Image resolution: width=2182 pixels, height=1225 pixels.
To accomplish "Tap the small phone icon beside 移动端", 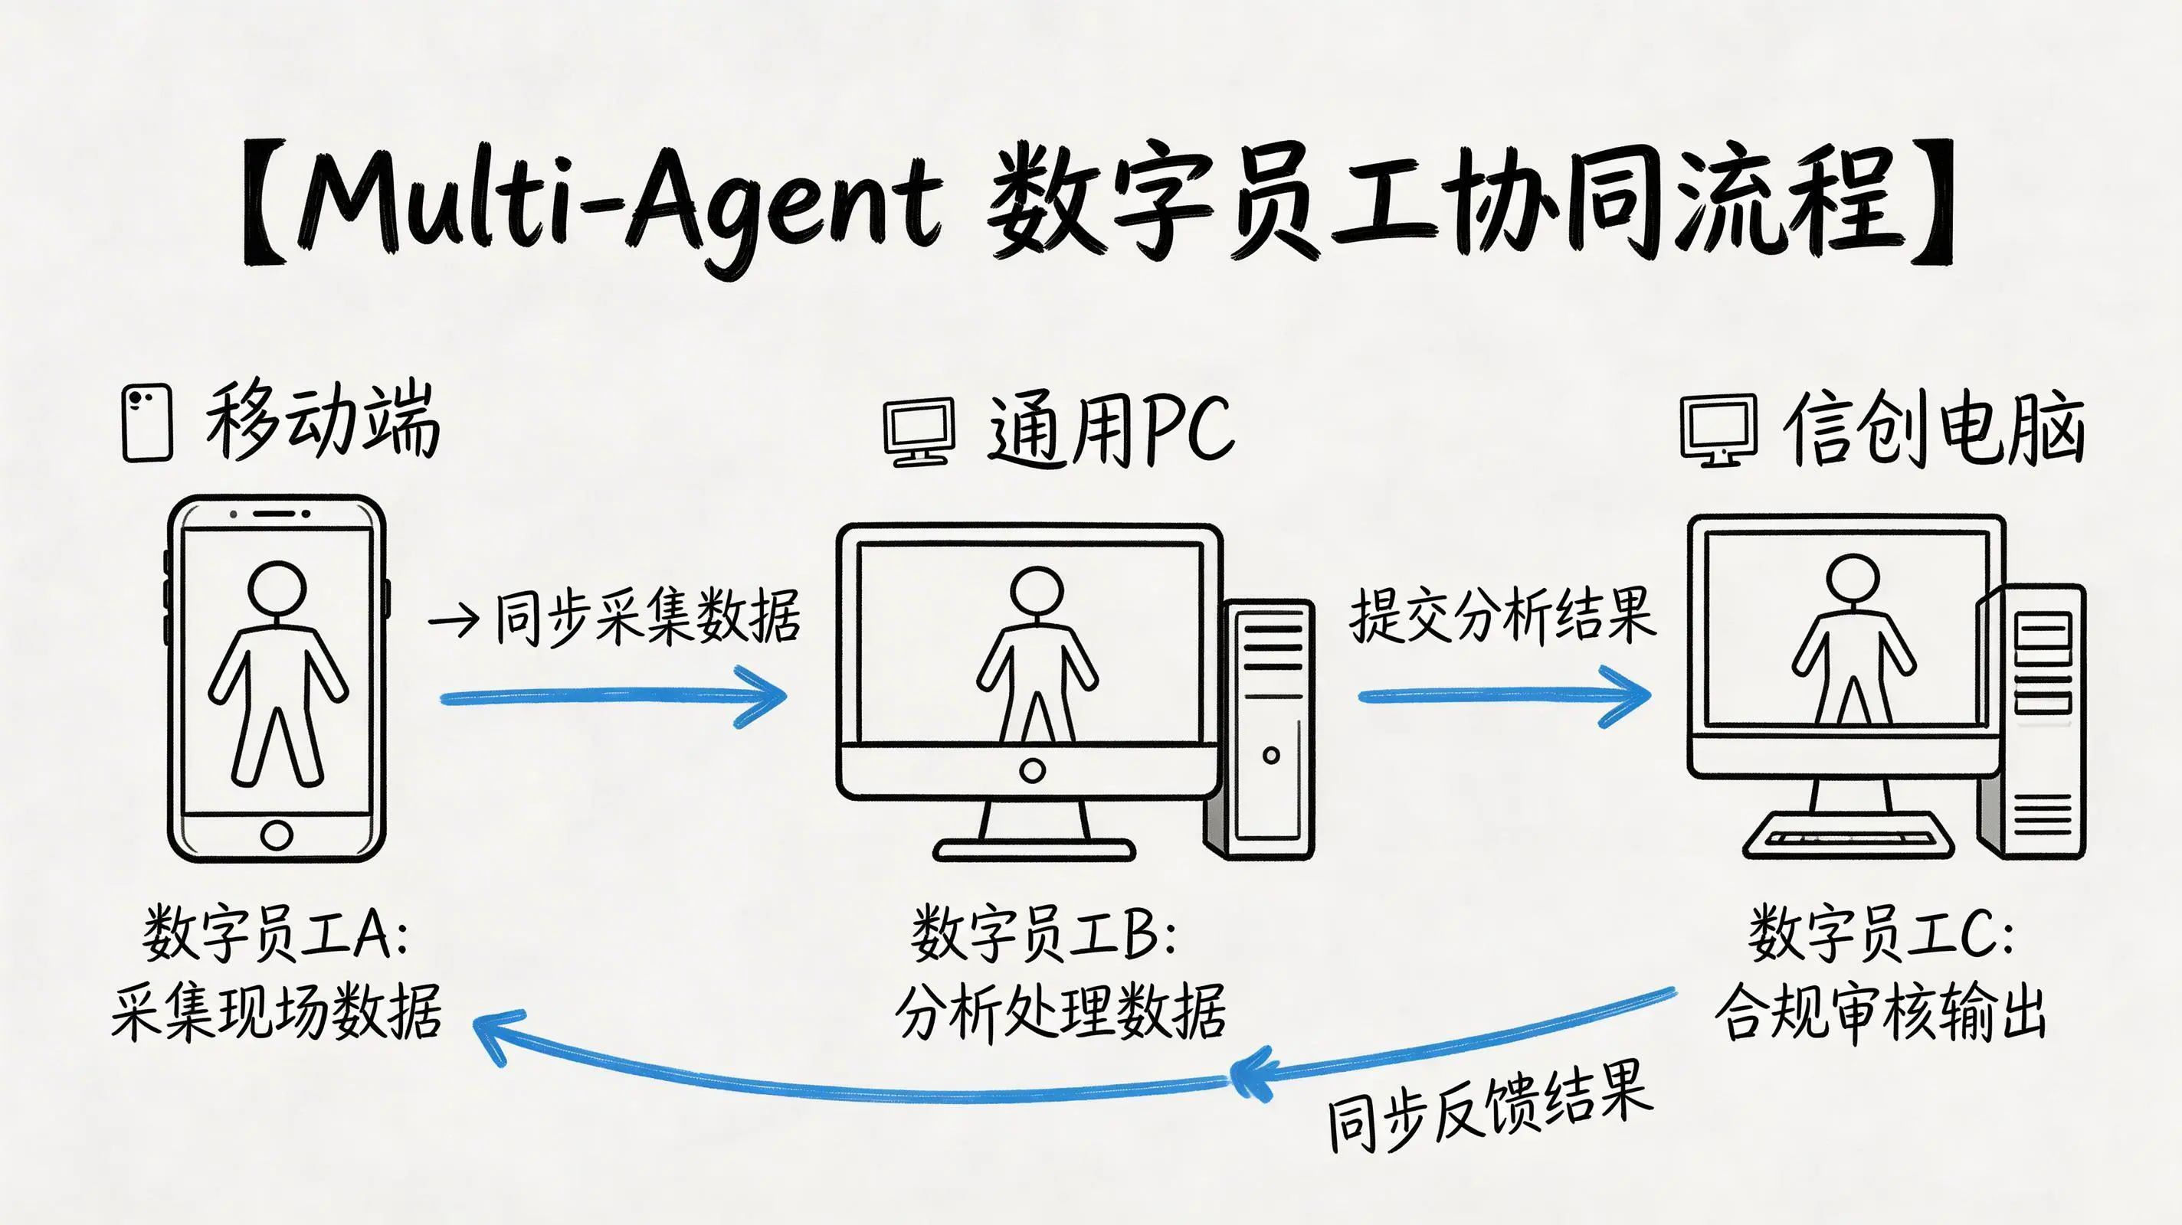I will [x=147, y=423].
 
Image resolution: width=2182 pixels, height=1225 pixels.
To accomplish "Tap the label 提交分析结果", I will [x=1501, y=616].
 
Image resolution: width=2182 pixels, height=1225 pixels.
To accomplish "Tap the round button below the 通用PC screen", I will [x=1032, y=770].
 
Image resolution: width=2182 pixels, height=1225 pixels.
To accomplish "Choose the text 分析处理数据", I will [x=1060, y=1011].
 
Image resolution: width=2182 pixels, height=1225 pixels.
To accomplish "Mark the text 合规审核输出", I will [x=1880, y=1011].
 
